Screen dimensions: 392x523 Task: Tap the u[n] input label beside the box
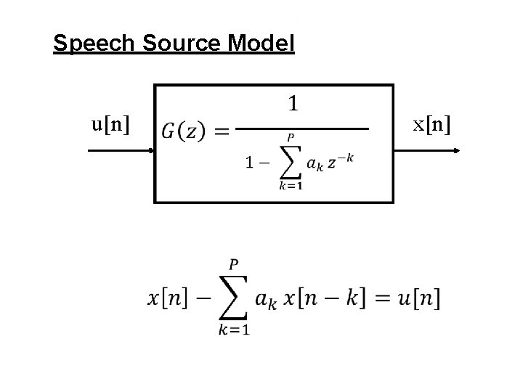[111, 125]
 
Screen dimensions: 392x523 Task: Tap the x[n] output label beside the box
[431, 125]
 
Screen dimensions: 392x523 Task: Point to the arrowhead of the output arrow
[458, 150]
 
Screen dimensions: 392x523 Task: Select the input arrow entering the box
[120, 150]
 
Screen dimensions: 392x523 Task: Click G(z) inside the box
[187, 132]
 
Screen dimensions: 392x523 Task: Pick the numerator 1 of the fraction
[292, 105]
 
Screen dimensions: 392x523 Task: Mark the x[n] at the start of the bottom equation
[171, 297]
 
